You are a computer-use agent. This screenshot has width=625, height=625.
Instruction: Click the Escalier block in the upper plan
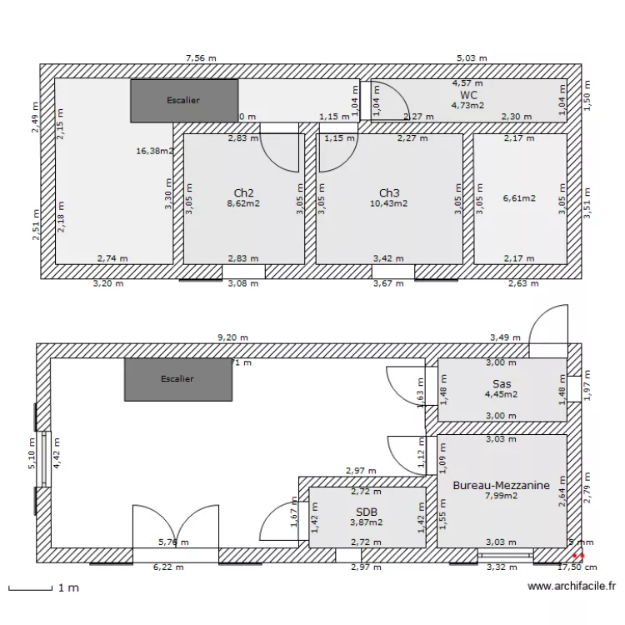[x=183, y=101]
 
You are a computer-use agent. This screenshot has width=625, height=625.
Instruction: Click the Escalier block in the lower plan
[x=177, y=379]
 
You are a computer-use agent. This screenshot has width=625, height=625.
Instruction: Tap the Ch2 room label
[x=244, y=192]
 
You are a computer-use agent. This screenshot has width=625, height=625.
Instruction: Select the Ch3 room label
[x=389, y=192]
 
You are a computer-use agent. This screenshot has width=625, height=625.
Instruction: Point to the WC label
[x=468, y=95]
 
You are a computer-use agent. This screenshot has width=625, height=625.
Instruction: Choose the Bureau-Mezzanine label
[x=501, y=484]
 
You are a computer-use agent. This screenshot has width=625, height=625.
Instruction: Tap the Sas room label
[x=501, y=383]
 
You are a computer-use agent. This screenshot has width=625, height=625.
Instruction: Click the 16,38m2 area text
[x=154, y=152]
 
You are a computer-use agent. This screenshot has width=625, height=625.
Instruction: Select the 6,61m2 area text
[x=519, y=198]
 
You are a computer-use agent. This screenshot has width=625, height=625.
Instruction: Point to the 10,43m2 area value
[x=389, y=203]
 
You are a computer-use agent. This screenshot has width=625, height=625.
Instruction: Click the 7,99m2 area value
[x=501, y=496]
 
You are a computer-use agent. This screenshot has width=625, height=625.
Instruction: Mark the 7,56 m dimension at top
[x=201, y=58]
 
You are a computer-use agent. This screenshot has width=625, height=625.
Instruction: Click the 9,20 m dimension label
[x=232, y=337]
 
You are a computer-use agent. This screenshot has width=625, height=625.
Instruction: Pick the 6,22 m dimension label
[x=169, y=567]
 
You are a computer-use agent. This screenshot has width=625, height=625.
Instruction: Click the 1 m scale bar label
[x=68, y=587]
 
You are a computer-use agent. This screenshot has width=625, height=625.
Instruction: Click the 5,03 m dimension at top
[x=471, y=58]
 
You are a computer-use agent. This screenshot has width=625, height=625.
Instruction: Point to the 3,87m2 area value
[x=367, y=522]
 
